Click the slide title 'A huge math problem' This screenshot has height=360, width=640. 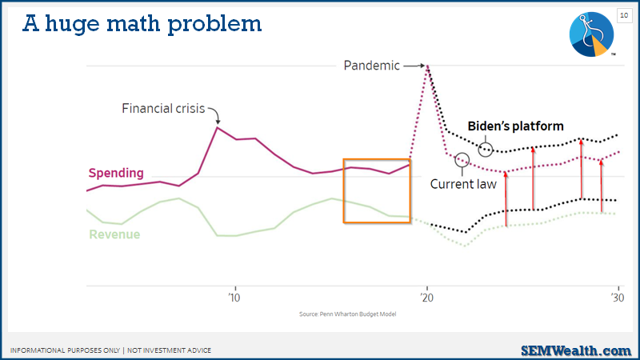coord(142,25)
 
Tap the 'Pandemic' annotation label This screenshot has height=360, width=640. coord(371,66)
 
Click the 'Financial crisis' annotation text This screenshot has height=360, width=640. coord(163,109)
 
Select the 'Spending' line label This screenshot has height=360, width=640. coord(116,173)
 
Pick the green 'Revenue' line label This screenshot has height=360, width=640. coord(114,234)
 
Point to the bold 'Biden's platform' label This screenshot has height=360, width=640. coord(515,126)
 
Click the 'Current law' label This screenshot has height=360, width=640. coord(463,184)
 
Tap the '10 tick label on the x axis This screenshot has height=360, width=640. coord(234,298)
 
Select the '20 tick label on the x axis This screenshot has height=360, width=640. coord(427,298)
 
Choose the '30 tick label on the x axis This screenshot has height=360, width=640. coord(618,298)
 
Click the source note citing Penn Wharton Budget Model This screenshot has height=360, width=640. coord(347,314)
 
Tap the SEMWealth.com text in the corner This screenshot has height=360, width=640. coord(576,350)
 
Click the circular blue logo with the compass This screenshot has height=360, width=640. coord(591,34)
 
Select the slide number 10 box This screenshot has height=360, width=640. coord(624,15)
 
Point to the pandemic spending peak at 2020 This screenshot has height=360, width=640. coord(427,66)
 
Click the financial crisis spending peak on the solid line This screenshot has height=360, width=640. coord(218,128)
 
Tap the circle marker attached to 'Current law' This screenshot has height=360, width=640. coord(462,160)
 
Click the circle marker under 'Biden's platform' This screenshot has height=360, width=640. coord(486,150)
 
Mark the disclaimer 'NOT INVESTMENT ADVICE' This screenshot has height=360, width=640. coord(169,350)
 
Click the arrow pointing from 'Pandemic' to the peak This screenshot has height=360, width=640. coord(414,66)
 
